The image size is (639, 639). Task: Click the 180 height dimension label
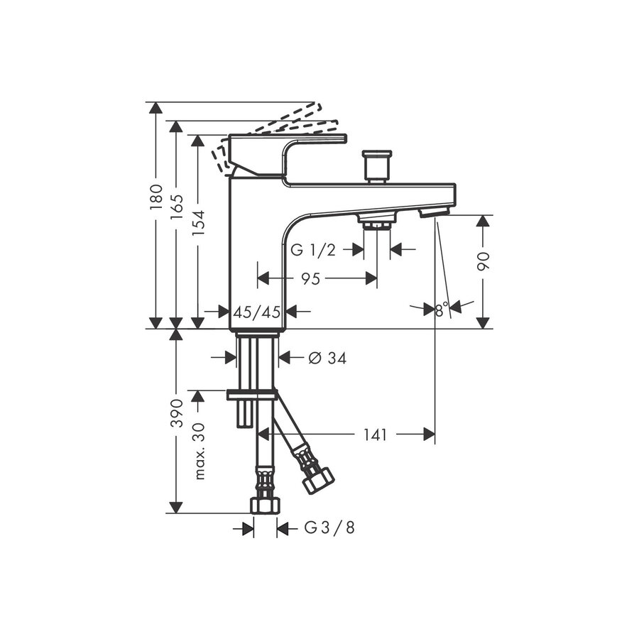click(157, 197)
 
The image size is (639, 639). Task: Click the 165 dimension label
click(177, 208)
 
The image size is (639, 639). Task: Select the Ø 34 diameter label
click(327, 359)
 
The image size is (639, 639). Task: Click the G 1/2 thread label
click(313, 249)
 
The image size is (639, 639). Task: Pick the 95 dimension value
click(310, 279)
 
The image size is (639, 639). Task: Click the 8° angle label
click(442, 310)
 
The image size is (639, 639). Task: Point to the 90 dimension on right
click(484, 261)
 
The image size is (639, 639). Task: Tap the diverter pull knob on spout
click(376, 165)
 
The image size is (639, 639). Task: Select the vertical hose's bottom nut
click(265, 504)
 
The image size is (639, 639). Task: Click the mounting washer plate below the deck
click(252, 394)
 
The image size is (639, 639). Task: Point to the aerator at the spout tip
click(434, 212)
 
